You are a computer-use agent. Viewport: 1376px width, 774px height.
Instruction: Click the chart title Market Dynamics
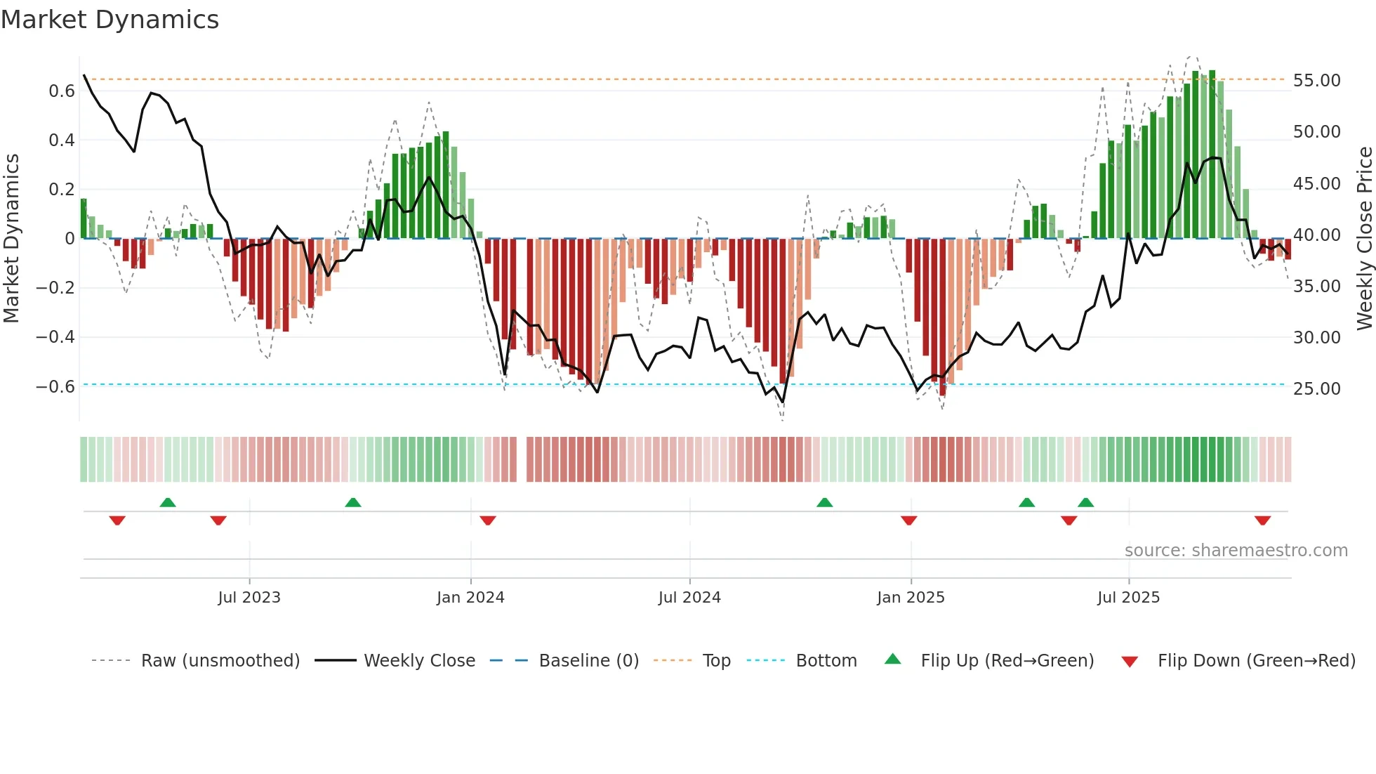coord(110,20)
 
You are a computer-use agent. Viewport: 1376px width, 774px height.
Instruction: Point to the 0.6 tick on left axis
coord(62,91)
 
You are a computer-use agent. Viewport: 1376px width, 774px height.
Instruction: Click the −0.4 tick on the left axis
coord(55,337)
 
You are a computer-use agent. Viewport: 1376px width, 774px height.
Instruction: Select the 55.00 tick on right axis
coord(1316,81)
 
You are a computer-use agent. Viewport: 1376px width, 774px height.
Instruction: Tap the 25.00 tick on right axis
coord(1316,389)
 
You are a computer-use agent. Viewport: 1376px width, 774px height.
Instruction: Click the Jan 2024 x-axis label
coord(470,598)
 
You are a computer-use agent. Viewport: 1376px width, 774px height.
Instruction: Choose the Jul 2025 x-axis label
coord(1128,598)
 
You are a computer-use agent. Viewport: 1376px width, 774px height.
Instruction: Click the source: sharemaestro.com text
coord(1236,551)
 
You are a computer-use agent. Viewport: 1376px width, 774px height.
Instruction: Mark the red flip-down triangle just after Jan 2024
coord(488,520)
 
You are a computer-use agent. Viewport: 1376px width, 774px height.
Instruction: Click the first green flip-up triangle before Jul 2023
coord(168,502)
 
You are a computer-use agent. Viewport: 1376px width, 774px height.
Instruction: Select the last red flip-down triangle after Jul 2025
coord(1262,520)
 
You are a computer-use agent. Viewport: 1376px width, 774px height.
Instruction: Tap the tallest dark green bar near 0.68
coord(1212,155)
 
